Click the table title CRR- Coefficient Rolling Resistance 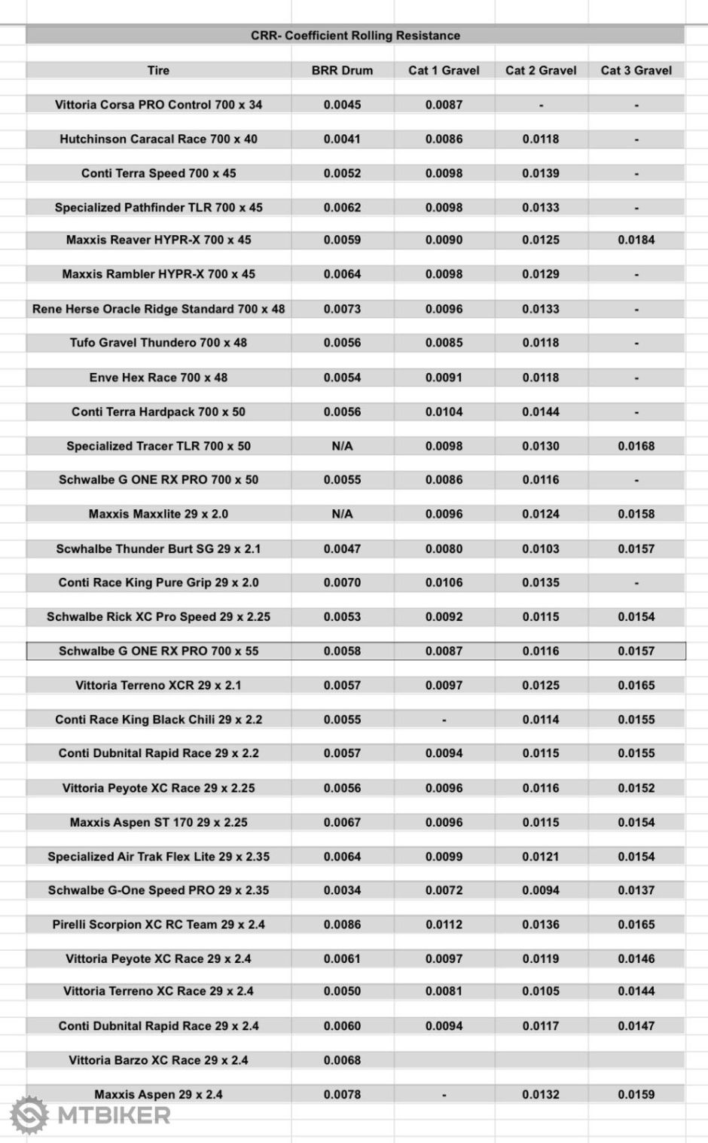pyautogui.click(x=355, y=35)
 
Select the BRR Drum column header pyautogui.click(x=342, y=70)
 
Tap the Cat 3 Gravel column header pyautogui.click(x=636, y=70)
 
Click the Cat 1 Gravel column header pyautogui.click(x=444, y=70)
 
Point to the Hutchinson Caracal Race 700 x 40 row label pyautogui.click(x=158, y=139)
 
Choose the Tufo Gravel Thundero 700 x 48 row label pyautogui.click(x=158, y=343)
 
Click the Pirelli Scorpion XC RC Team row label pyautogui.click(x=158, y=924)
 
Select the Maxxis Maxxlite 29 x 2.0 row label pyautogui.click(x=158, y=514)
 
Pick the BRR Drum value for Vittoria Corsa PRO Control pyautogui.click(x=342, y=105)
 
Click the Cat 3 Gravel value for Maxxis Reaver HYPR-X pyautogui.click(x=636, y=240)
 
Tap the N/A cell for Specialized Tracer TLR pyautogui.click(x=342, y=446)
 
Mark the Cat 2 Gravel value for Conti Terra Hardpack pyautogui.click(x=541, y=412)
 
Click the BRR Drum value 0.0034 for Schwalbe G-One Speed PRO pyautogui.click(x=342, y=890)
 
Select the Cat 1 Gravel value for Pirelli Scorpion pyautogui.click(x=444, y=924)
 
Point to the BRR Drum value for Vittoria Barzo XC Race pyautogui.click(x=342, y=1060)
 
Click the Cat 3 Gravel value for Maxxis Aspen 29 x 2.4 pyautogui.click(x=636, y=1094)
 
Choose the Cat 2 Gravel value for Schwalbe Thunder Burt pyautogui.click(x=541, y=549)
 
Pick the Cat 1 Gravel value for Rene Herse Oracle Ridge pyautogui.click(x=444, y=309)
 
